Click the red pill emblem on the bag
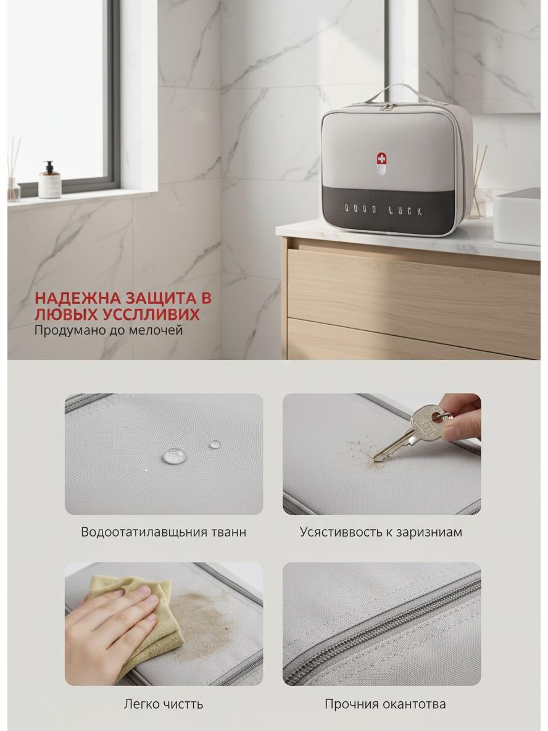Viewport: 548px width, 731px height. [381, 164]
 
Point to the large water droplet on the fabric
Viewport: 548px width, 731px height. [173, 456]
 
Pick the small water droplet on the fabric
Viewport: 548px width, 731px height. [215, 445]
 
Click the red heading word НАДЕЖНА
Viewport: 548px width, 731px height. [76, 298]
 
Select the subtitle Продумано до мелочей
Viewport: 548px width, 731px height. [108, 330]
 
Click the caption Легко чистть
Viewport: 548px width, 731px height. [164, 704]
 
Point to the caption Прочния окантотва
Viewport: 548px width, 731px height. [385, 704]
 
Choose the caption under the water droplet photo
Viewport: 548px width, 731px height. [164, 532]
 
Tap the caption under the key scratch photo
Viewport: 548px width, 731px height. [381, 532]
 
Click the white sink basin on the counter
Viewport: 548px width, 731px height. [517, 216]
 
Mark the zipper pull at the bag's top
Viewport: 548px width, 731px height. [383, 107]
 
